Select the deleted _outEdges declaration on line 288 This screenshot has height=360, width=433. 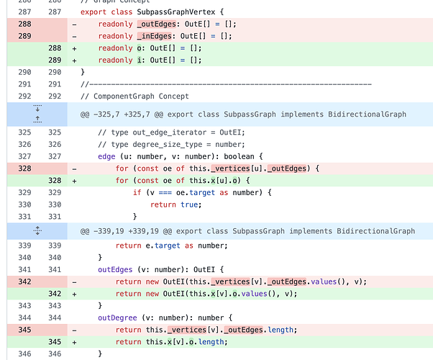pyautogui.click(x=153, y=24)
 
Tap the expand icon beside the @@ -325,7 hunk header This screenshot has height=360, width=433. pyautogui.click(x=37, y=114)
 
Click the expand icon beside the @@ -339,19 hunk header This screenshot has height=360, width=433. pyautogui.click(x=37, y=231)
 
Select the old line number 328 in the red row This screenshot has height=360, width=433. pyautogui.click(x=24, y=168)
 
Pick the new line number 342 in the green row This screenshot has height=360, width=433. pyautogui.click(x=55, y=294)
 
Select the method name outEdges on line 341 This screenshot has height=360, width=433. pyautogui.click(x=117, y=269)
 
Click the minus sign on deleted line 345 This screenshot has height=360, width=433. pyautogui.click(x=74, y=330)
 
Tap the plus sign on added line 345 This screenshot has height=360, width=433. pyautogui.click(x=74, y=341)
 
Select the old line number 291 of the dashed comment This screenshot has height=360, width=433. pyautogui.click(x=24, y=84)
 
